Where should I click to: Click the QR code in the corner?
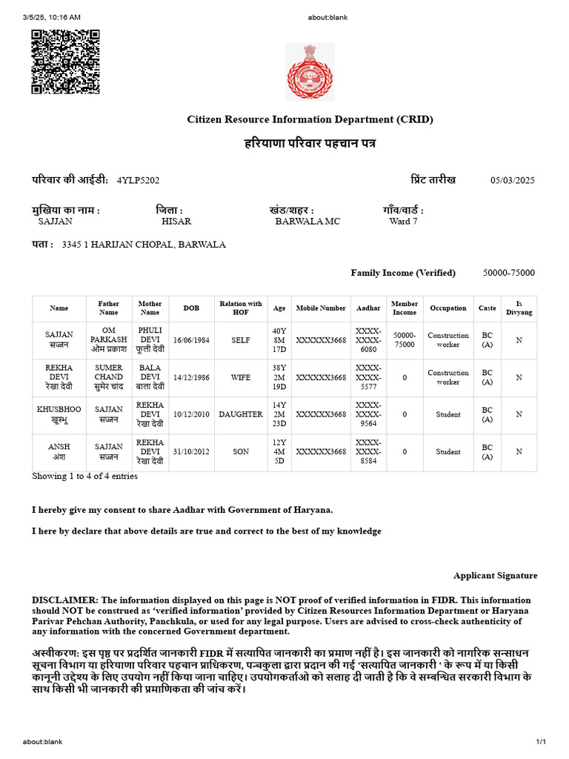65,62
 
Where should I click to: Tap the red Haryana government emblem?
310,71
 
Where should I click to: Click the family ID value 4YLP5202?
138,180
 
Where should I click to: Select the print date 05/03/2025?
512,180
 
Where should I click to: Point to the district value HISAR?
176,222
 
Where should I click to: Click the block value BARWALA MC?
307,222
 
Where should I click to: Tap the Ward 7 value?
403,222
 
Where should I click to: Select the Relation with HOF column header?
241,308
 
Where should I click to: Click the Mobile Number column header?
321,308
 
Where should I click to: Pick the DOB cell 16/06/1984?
191,340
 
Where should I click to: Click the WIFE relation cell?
241,377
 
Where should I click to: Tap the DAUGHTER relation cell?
241,414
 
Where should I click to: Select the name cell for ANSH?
59,451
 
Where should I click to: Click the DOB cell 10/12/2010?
191,414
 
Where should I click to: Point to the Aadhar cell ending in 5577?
368,377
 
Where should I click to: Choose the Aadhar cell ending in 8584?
368,451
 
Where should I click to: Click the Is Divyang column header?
519,308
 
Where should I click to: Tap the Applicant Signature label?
495,576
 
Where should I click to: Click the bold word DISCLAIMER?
64,600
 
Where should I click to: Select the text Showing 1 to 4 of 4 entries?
84,477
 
